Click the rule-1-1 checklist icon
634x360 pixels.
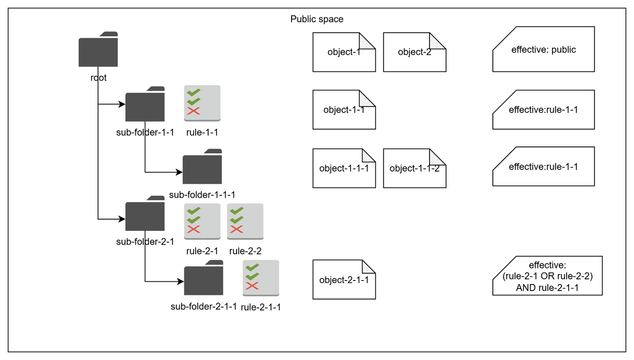(202, 103)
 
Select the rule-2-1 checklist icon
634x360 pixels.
(202, 222)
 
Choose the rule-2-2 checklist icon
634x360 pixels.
(245, 222)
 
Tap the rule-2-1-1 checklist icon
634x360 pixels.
(261, 278)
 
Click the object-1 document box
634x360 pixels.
(344, 52)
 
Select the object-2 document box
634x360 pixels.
(415, 52)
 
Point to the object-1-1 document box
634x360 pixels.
(344, 110)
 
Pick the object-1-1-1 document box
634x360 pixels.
(344, 168)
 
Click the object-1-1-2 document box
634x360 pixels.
(415, 168)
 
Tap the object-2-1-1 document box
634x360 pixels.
(344, 280)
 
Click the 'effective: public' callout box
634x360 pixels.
(544, 50)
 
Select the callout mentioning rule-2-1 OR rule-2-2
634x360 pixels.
(548, 276)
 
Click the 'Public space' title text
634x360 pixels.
(317, 19)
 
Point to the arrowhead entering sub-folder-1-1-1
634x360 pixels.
(179, 172)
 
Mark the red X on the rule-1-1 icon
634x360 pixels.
(193, 111)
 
